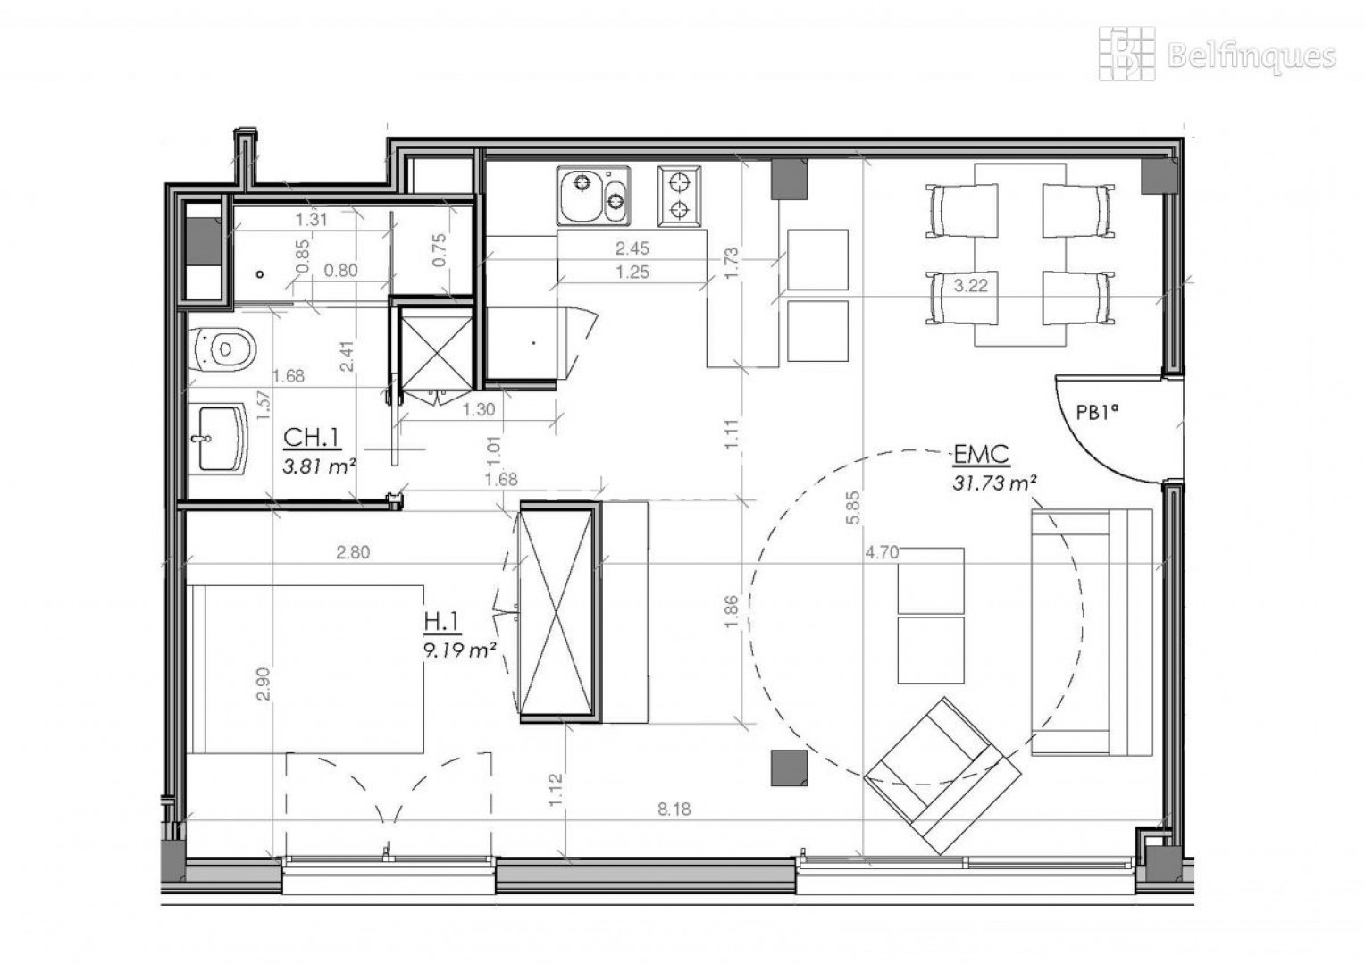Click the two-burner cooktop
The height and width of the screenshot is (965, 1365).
tap(679, 196)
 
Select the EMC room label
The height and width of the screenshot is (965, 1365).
tap(981, 454)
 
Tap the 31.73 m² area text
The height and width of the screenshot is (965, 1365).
tap(994, 482)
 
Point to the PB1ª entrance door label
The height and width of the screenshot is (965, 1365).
tap(1098, 413)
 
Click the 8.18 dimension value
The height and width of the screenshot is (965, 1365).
tap(674, 809)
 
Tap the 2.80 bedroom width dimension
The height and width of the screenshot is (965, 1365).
tap(353, 552)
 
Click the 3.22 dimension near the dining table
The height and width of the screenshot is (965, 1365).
tap(970, 285)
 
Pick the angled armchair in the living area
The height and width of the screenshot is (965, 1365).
tap(942, 775)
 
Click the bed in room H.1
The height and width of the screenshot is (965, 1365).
tap(306, 669)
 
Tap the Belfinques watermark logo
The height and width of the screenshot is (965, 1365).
tap(1218, 55)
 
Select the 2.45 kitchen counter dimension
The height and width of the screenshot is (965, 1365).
tap(632, 248)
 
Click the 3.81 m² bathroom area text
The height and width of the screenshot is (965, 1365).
tap(319, 467)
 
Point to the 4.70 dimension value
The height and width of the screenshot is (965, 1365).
tap(882, 552)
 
